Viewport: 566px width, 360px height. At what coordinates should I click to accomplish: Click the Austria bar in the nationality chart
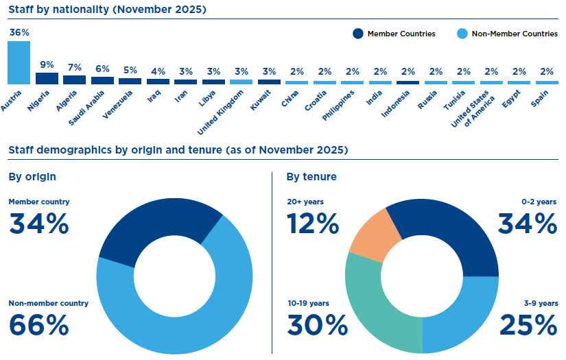pos(19,62)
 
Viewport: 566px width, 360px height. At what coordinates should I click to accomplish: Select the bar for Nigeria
pos(47,78)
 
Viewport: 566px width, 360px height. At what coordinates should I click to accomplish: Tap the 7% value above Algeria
pos(75,67)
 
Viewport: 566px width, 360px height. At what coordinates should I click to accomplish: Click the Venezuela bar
pos(130,81)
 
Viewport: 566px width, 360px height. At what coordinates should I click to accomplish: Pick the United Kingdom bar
pos(241,82)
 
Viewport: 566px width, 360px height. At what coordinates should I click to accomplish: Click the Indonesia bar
pos(408,82)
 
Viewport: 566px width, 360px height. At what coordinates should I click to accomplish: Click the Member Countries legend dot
pos(357,34)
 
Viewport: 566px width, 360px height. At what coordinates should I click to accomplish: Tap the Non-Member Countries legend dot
pos(462,34)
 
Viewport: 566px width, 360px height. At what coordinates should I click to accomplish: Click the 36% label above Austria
pos(19,32)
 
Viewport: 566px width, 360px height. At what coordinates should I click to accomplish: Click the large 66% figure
pos(38,324)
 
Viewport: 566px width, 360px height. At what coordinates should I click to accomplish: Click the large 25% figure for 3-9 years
pos(527,324)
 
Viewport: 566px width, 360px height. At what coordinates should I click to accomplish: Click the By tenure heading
pos(311,177)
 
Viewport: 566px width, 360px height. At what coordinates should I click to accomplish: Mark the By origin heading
pos(32,177)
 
